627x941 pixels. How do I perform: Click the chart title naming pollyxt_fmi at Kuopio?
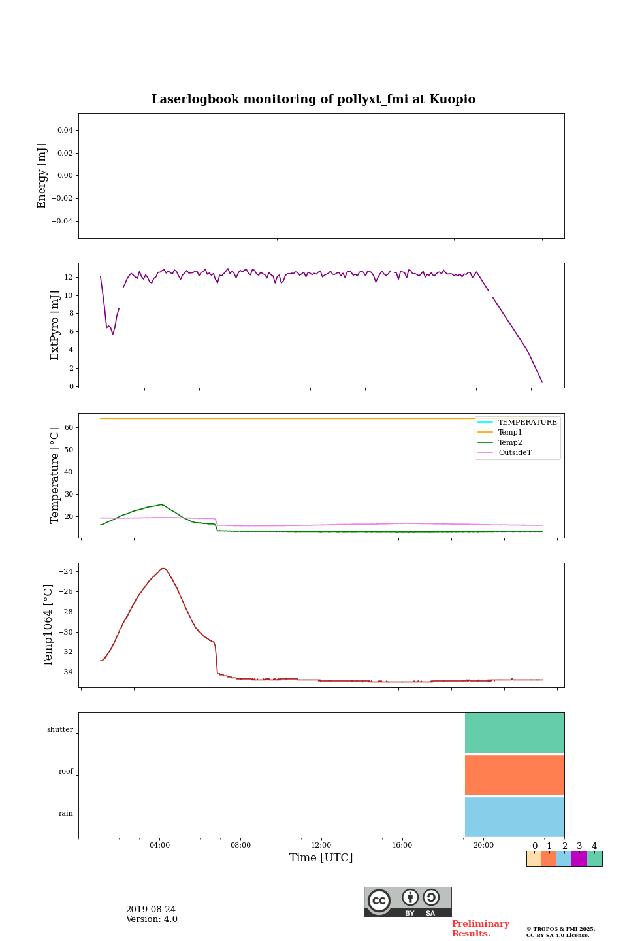(x=313, y=99)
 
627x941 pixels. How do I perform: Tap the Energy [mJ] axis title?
(x=42, y=176)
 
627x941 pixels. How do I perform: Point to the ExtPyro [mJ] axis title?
(x=55, y=325)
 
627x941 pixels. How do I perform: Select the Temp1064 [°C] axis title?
(x=48, y=625)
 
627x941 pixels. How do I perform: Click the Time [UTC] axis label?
(x=321, y=858)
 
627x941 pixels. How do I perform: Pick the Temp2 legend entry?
(x=510, y=442)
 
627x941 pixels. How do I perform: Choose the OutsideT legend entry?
(x=515, y=452)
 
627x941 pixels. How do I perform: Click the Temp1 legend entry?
(x=510, y=432)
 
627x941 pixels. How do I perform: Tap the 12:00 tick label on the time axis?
(x=321, y=846)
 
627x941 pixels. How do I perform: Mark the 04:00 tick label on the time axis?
(x=159, y=846)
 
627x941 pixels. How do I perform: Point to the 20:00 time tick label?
(x=483, y=846)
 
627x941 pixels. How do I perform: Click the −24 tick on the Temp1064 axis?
(x=65, y=571)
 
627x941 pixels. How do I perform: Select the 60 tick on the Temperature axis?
(x=69, y=427)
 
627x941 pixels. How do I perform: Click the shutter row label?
(x=60, y=730)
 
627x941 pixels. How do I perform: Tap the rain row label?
(x=66, y=814)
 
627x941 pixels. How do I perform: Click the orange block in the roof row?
(x=515, y=775)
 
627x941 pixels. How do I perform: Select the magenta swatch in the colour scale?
(x=579, y=859)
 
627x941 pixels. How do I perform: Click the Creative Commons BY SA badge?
(x=408, y=902)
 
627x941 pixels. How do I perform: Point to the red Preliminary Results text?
(x=480, y=929)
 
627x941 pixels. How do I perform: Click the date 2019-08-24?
(x=151, y=910)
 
